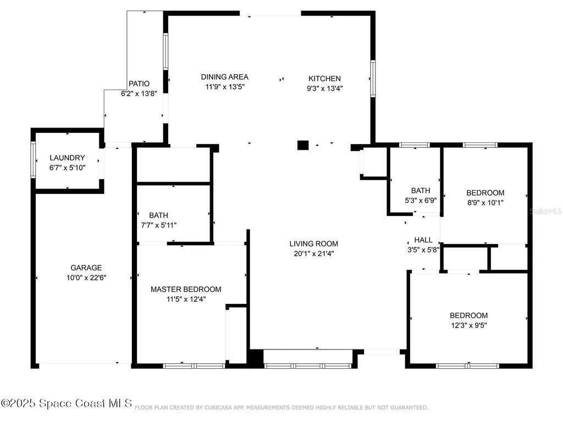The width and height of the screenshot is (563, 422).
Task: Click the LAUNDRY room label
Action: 67,158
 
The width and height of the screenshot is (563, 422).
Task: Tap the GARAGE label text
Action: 86,268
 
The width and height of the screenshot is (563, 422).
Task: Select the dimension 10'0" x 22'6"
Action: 86,277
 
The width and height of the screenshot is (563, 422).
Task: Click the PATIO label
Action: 139,84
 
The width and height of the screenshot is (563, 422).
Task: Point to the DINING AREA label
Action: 225,77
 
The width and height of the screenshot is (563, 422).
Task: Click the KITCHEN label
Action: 324,79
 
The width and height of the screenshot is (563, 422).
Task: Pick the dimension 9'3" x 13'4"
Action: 324,88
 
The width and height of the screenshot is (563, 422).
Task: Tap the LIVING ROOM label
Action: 314,243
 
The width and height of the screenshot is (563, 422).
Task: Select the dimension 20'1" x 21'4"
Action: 314,253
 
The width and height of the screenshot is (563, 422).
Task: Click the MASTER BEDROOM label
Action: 186,289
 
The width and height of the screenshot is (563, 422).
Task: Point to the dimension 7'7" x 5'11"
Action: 159,225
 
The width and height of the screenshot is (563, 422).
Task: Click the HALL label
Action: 423,240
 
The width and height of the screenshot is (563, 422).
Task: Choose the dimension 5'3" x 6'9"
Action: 421,200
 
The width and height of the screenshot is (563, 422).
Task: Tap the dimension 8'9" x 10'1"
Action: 485,202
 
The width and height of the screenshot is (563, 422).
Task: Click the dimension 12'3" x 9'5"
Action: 469,325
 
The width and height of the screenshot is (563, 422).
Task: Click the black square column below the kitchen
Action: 303,145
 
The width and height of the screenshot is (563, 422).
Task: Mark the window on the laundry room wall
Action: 33,159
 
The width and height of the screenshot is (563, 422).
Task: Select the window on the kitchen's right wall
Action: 373,79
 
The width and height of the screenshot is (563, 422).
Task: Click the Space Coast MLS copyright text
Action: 67,403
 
